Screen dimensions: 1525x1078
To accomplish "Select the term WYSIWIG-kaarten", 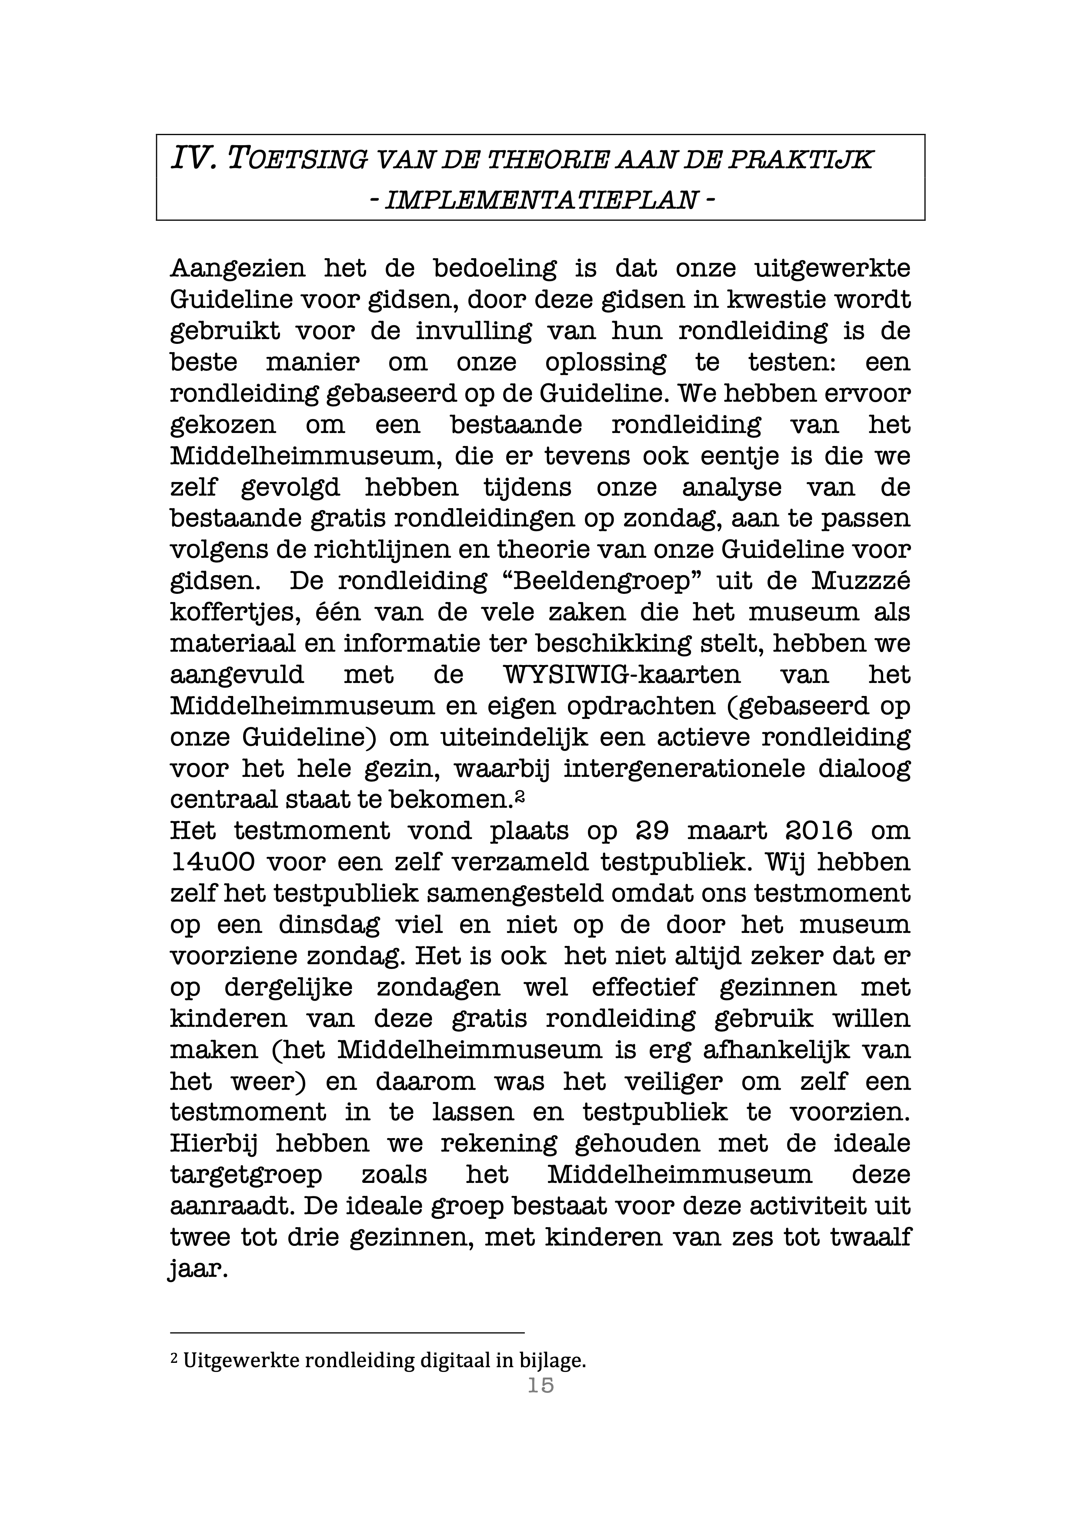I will point(622,675).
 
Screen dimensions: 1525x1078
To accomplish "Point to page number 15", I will point(541,1386).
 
